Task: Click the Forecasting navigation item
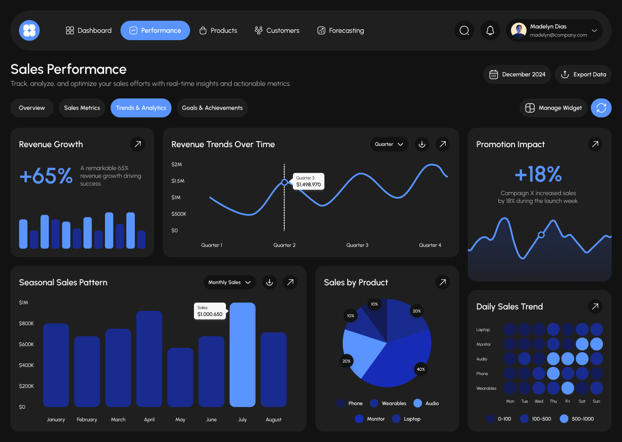[x=340, y=31]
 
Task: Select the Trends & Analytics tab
[x=141, y=108]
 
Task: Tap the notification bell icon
[x=490, y=31]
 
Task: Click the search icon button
[x=464, y=31]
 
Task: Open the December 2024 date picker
[x=517, y=75]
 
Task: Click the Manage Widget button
[x=553, y=108]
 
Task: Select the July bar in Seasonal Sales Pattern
[x=242, y=355]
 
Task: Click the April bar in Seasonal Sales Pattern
[x=149, y=359]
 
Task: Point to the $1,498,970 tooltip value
[x=308, y=185]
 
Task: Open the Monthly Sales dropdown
[x=229, y=282]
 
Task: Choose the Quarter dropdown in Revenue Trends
[x=389, y=144]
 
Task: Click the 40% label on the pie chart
[x=421, y=369]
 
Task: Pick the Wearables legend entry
[x=388, y=404]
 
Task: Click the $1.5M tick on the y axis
[x=178, y=181]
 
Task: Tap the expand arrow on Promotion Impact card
[x=595, y=144]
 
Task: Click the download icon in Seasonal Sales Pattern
[x=270, y=282]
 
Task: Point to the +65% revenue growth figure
[x=46, y=176]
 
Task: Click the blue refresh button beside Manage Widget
[x=601, y=108]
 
